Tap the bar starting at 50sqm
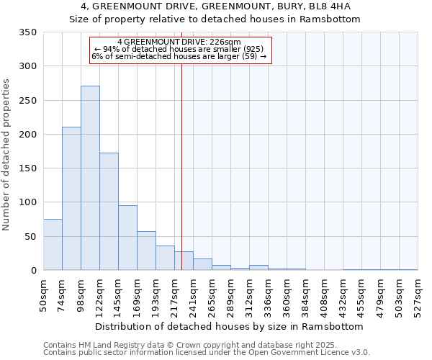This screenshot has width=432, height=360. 53,245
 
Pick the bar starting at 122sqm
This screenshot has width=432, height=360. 109,212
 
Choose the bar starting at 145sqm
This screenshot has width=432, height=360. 127,238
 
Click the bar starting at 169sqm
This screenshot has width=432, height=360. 146,251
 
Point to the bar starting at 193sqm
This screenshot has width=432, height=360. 165,258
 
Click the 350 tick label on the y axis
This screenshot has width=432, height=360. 27,32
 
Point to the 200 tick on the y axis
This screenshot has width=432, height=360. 27,135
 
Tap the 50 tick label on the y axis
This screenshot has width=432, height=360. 30,237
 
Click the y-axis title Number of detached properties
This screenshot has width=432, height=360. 7,155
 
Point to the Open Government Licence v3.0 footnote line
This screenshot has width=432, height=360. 207,353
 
